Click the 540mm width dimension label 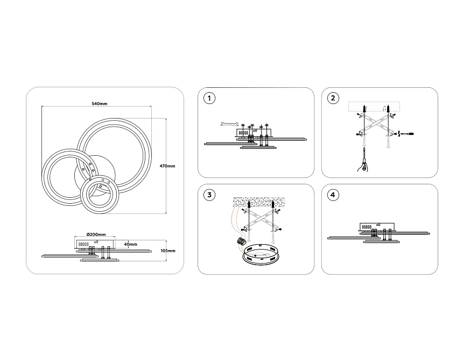click(x=100, y=104)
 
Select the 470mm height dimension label click(x=167, y=166)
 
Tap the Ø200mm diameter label click(x=96, y=234)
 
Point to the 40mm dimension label click(x=130, y=245)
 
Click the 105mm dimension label click(x=168, y=251)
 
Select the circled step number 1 click(x=209, y=98)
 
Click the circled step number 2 click(x=333, y=98)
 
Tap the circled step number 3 click(x=209, y=195)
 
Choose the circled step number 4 click(x=333, y=195)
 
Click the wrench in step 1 click(x=229, y=124)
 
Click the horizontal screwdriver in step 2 click(x=407, y=134)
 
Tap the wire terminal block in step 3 click(x=240, y=241)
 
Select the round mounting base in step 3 click(x=260, y=254)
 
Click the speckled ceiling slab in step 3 click(x=258, y=202)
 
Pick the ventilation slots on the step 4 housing click(x=367, y=227)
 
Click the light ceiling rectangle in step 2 click(x=374, y=106)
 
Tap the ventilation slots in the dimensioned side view click(x=83, y=245)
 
